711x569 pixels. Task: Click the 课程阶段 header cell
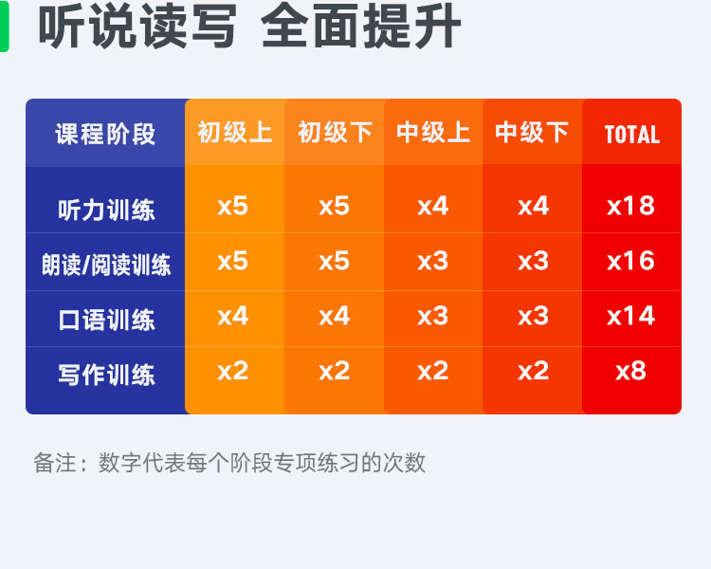pyautogui.click(x=105, y=135)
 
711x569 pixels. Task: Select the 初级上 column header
pyautogui.click(x=234, y=133)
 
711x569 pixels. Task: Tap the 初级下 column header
pyautogui.click(x=335, y=133)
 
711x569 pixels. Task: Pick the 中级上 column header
pyautogui.click(x=433, y=133)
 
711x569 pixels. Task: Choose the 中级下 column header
pyautogui.click(x=532, y=133)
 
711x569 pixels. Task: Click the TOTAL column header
pyautogui.click(x=632, y=135)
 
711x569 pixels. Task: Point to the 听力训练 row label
pyautogui.click(x=106, y=211)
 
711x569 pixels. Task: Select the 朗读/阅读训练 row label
pyautogui.click(x=106, y=265)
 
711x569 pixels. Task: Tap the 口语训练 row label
pyautogui.click(x=106, y=320)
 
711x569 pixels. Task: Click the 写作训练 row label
pyautogui.click(x=106, y=376)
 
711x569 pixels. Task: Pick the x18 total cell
pyautogui.click(x=630, y=206)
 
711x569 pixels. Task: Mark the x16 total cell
pyautogui.click(x=630, y=261)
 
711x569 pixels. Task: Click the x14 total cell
pyautogui.click(x=630, y=316)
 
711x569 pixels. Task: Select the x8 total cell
pyautogui.click(x=630, y=371)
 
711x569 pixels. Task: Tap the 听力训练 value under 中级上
pyautogui.click(x=433, y=206)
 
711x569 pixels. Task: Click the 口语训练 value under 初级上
pyautogui.click(x=232, y=316)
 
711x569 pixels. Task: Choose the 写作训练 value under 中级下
pyautogui.click(x=533, y=371)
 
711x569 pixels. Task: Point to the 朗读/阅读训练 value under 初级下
pyautogui.click(x=335, y=261)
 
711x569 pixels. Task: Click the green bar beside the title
pyautogui.click(x=4, y=26)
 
